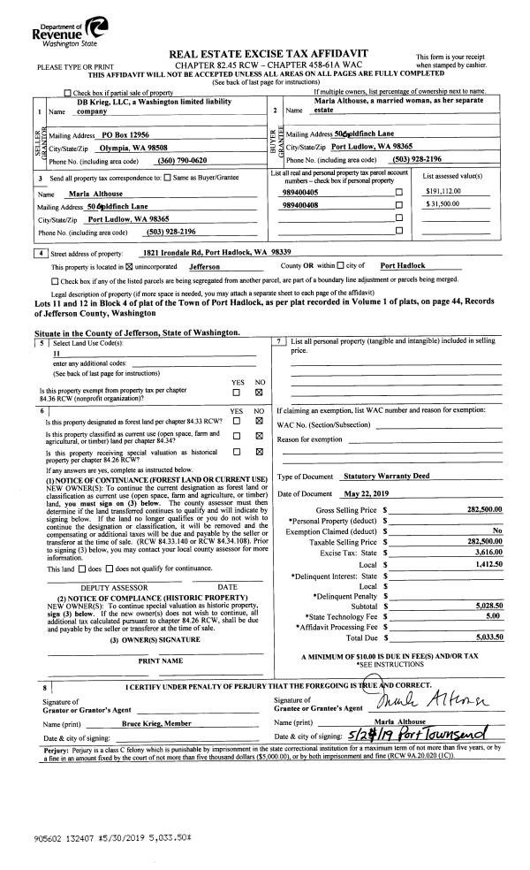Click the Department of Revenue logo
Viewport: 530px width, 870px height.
[x=57, y=26]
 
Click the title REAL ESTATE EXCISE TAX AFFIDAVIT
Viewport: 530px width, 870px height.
[x=274, y=55]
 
